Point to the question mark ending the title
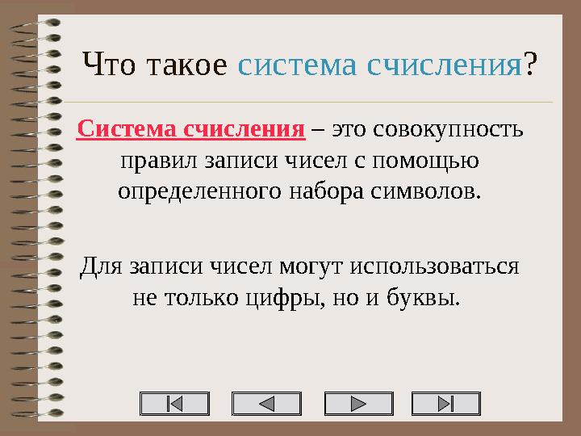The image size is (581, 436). tap(531, 65)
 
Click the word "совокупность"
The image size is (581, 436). tap(449, 129)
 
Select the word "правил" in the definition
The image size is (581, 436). tap(147, 161)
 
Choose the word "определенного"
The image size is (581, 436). tap(194, 192)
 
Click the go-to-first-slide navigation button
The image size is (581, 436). tap(174, 404)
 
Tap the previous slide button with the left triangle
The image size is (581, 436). tap(265, 404)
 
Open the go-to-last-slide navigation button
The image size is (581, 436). tap(445, 404)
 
